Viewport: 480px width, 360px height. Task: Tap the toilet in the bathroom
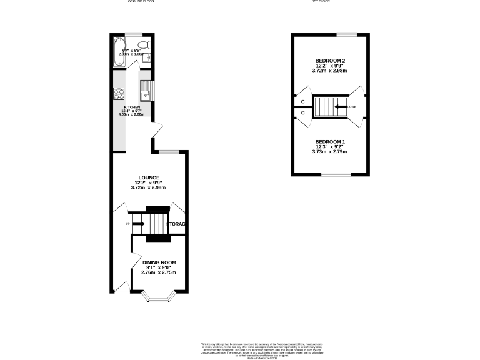[143, 45]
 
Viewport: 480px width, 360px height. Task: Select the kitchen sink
[145, 90]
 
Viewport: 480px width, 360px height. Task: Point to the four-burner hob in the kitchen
[118, 94]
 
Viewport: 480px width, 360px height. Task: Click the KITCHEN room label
[131, 107]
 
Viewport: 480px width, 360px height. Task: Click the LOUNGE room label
[149, 177]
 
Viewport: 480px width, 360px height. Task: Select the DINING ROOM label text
[159, 262]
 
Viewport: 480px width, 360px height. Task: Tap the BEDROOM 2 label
[330, 61]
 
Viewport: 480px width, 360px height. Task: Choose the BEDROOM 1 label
[330, 141]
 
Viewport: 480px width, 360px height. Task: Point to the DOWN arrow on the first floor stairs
[341, 107]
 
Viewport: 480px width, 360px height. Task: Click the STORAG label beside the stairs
[177, 224]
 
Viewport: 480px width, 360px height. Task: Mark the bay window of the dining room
[159, 299]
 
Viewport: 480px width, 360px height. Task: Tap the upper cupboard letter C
[303, 101]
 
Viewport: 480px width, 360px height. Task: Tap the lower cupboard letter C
[303, 113]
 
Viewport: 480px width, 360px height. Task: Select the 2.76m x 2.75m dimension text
[159, 273]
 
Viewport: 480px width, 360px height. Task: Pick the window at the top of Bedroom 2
[347, 34]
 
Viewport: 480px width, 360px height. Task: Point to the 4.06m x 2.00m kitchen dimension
[131, 115]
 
